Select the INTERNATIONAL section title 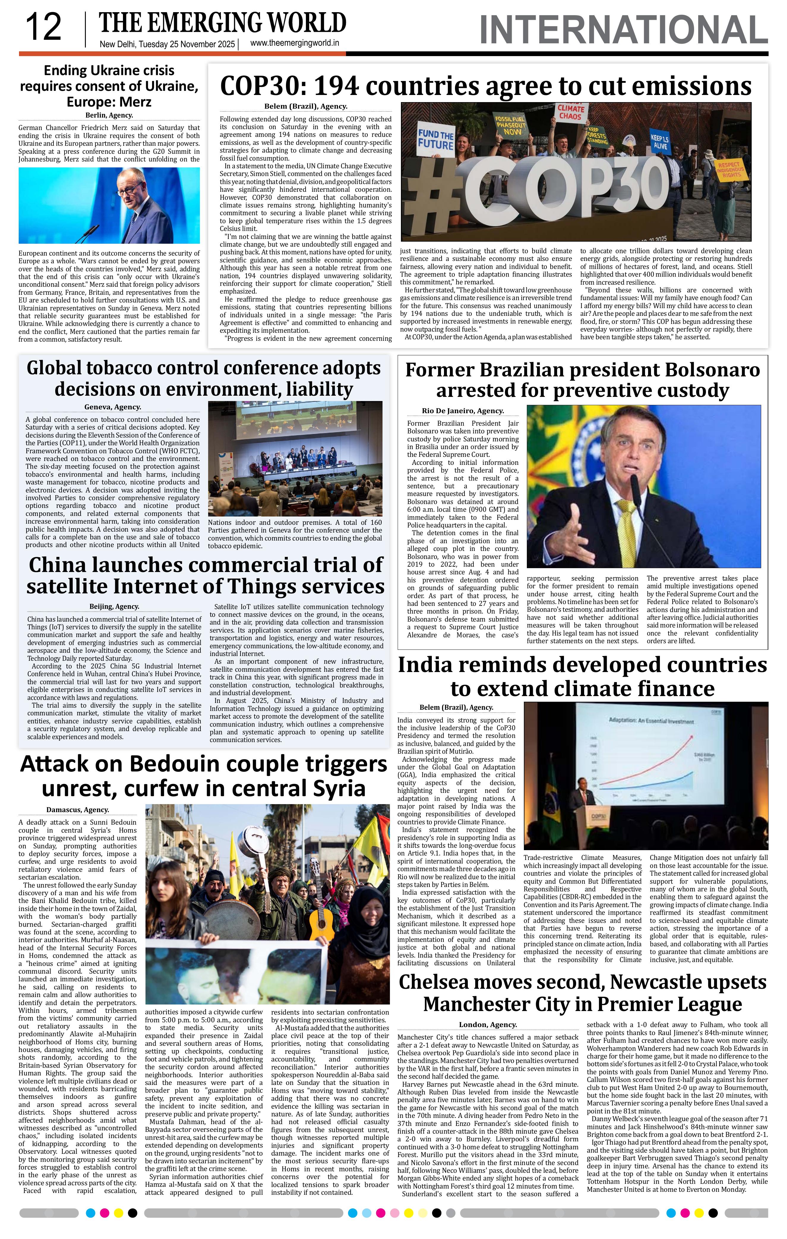pyautogui.click(x=623, y=30)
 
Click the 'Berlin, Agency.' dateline pyautogui.click(x=109, y=115)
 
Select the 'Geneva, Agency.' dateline pyautogui.click(x=113, y=407)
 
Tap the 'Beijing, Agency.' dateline pyautogui.click(x=114, y=607)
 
